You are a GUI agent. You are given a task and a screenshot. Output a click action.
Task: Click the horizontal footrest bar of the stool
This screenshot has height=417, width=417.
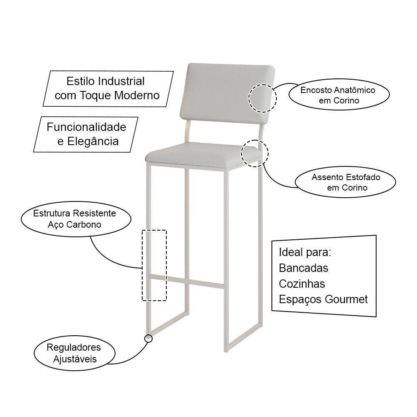click(x=188, y=281)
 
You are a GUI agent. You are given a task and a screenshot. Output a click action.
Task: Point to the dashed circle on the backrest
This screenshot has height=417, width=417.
click(x=262, y=98)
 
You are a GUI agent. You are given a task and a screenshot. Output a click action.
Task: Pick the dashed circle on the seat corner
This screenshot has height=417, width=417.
click(x=255, y=153)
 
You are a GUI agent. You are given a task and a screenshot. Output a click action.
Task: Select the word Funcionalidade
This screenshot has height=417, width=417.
click(x=86, y=126)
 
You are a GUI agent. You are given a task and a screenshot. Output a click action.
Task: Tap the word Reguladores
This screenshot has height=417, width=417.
click(x=74, y=347)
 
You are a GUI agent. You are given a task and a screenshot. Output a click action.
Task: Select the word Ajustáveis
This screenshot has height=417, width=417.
click(x=75, y=359)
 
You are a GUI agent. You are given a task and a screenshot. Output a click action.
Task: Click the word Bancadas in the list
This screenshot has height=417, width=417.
click(x=304, y=268)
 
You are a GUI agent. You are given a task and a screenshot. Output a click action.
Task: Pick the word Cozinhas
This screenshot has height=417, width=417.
click(x=302, y=284)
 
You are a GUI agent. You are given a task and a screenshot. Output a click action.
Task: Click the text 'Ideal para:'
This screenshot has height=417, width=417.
click(x=304, y=253)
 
